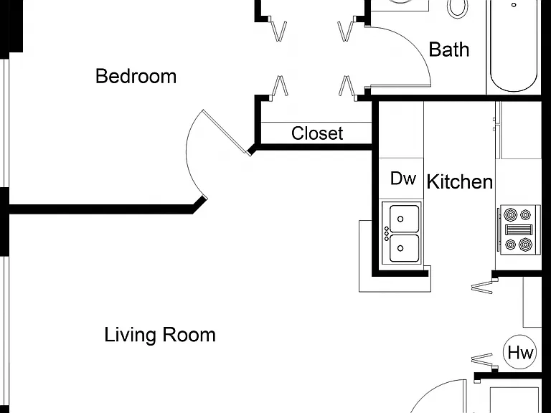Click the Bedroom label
coord(136,76)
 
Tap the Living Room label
coord(160,335)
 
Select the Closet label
coord(317,133)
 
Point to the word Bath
coord(449,49)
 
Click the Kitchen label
coord(460,181)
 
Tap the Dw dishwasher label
coord(403,179)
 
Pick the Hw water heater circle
coord(520,352)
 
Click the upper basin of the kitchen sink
coord(405,219)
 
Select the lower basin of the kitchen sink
coord(405,248)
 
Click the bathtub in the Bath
coord(514,46)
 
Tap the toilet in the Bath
coord(457,9)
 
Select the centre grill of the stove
coord(519,229)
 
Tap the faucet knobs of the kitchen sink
coord(387,234)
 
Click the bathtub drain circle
coord(514,5)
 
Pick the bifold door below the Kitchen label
coord(482,287)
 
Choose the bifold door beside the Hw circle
coord(482,360)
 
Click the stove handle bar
coord(499,229)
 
